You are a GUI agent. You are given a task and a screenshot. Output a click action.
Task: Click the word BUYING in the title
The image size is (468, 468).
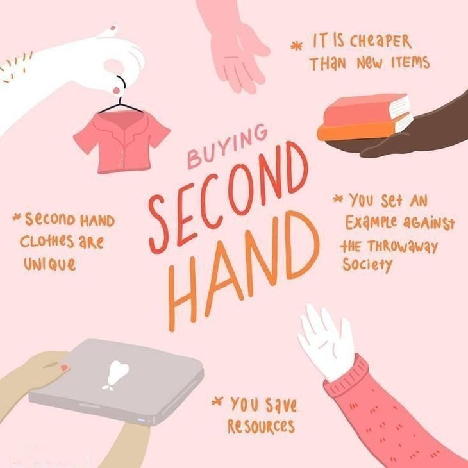228,146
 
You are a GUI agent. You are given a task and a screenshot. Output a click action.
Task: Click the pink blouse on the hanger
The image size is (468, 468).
122,141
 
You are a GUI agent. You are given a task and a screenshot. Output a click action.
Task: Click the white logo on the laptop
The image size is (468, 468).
117,374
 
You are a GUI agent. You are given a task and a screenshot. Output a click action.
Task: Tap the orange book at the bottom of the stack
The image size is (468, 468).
365,129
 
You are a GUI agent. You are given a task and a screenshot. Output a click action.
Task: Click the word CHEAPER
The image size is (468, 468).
381,41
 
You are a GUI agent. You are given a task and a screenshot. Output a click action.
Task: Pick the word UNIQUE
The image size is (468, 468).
49,264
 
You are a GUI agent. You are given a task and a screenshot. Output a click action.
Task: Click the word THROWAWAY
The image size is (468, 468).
403,247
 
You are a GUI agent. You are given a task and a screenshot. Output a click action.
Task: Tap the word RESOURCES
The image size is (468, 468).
261,426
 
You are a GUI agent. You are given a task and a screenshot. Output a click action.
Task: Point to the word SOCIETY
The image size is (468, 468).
368,264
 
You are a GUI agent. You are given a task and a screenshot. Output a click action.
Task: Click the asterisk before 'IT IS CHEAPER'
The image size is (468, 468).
296,46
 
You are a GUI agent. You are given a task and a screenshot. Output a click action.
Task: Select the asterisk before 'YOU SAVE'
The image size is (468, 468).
217,401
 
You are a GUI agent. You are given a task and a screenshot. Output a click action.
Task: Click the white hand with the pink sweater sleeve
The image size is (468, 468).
327,343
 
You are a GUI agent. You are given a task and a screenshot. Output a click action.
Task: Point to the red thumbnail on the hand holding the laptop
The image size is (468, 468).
64,368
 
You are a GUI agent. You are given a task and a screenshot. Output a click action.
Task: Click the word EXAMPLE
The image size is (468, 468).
371,222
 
